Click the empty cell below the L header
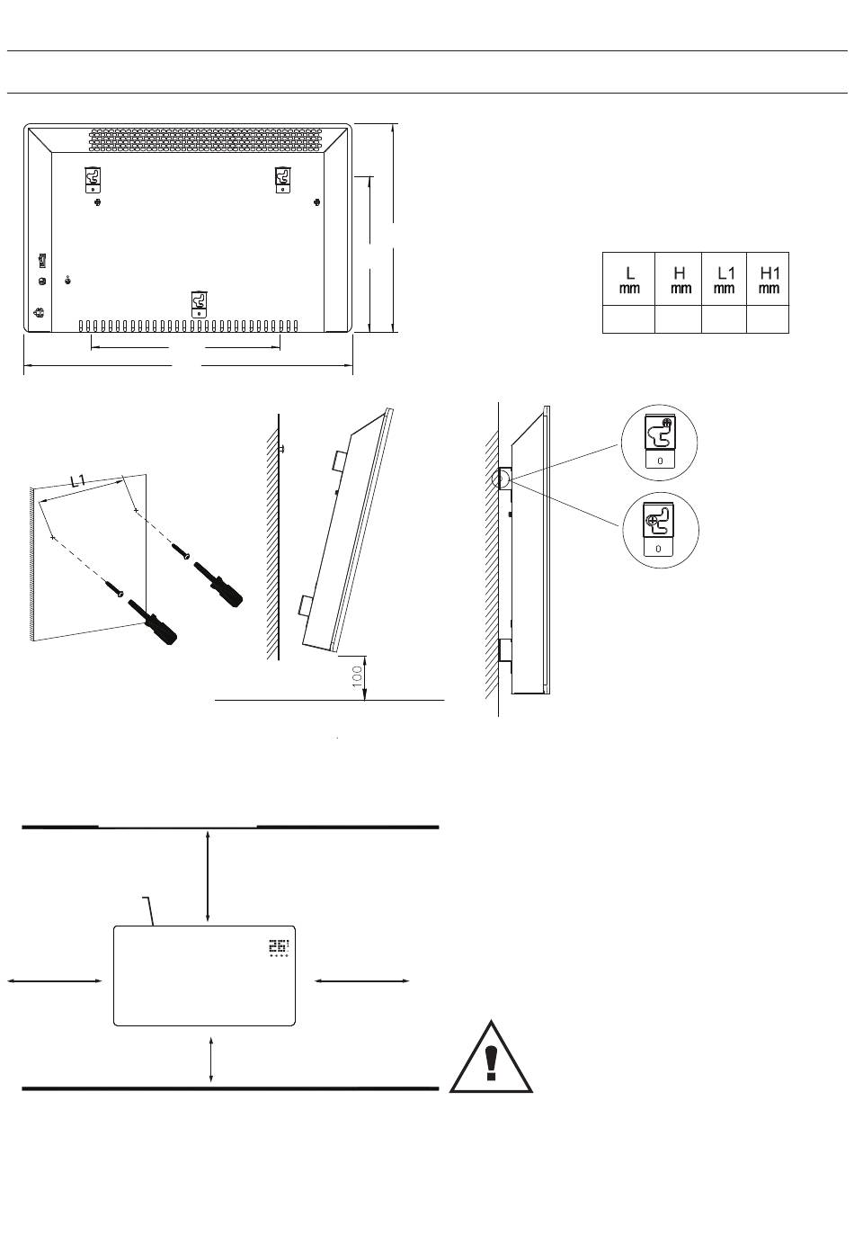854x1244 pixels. pos(628,319)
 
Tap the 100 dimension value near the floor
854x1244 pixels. pos(358,677)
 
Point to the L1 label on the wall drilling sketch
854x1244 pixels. pos(78,480)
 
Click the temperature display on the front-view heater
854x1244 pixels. pos(279,947)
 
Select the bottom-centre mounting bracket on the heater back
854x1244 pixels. pos(199,304)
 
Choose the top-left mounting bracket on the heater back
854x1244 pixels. pos(93,180)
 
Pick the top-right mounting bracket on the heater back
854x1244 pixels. pos(283,180)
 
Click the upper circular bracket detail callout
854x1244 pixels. pos(659,443)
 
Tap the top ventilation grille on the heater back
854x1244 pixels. pos(206,140)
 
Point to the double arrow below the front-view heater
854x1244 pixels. pos(211,1059)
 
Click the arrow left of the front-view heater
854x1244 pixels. pos(54,981)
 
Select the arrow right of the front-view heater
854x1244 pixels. pos(361,981)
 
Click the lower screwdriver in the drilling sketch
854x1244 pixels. pos(153,622)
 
